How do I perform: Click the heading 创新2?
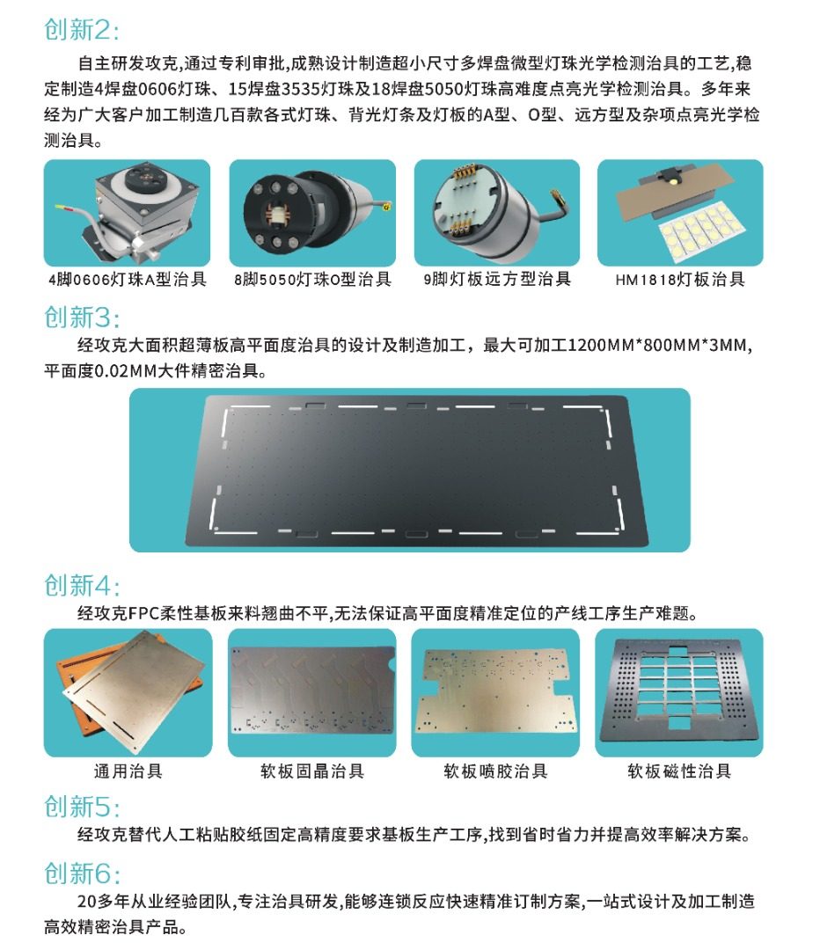82,30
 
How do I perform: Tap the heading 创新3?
82,318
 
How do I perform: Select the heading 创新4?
82,585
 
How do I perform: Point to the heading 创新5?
82,807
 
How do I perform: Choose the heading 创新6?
82,873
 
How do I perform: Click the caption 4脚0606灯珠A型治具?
128,280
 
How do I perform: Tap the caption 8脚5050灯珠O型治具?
312,280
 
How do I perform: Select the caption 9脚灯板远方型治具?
497,279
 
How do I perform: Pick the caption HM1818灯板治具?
680,280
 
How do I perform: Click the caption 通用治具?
128,771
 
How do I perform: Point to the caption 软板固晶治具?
312,771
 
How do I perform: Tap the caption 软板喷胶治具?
495,771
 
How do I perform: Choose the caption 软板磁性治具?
679,771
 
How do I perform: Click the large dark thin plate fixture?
416,470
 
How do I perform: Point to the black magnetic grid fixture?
679,692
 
